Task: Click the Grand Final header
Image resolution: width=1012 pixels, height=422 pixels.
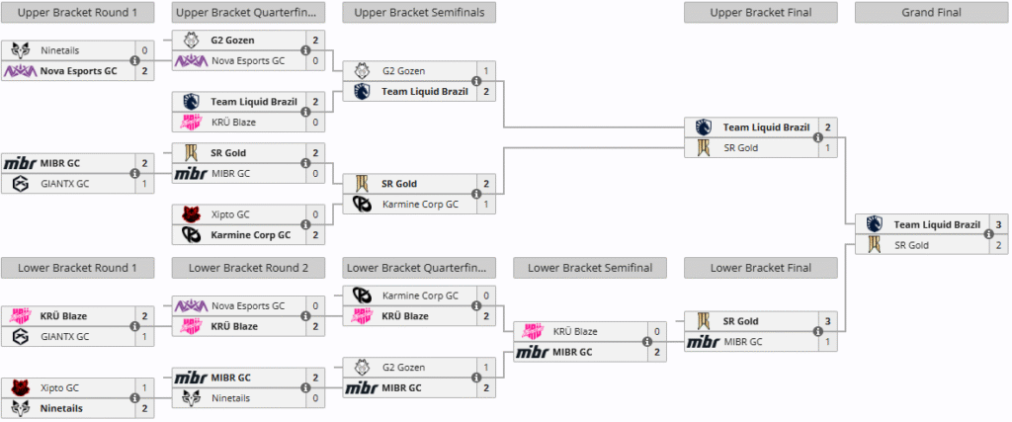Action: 931,13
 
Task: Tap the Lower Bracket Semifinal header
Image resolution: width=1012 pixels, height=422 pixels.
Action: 590,267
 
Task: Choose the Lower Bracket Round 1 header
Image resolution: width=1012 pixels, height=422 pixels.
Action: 78,267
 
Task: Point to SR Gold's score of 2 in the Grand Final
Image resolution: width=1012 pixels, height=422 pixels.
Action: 998,244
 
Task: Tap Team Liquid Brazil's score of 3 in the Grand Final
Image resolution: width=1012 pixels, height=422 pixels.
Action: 998,224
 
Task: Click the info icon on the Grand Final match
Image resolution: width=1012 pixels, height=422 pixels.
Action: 987,234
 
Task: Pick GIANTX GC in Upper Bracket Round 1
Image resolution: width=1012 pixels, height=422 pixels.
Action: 64,183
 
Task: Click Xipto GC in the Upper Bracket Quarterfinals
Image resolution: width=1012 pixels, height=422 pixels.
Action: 229,214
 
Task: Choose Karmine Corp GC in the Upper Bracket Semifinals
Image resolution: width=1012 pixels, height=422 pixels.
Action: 420,204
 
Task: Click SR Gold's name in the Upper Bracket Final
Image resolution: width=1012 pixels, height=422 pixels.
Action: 742,147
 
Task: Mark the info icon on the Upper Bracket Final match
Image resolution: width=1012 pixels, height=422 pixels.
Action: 817,137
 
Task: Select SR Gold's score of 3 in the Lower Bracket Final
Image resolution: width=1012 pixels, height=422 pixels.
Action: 827,321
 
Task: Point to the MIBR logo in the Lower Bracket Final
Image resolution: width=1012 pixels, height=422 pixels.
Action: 704,342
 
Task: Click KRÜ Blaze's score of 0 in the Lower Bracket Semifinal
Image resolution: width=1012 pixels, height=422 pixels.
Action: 656,331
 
